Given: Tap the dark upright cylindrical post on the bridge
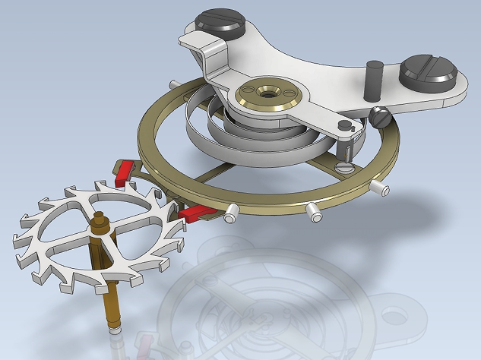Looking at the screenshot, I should click(x=372, y=78).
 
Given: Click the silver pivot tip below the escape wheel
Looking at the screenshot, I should click(x=114, y=329).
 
